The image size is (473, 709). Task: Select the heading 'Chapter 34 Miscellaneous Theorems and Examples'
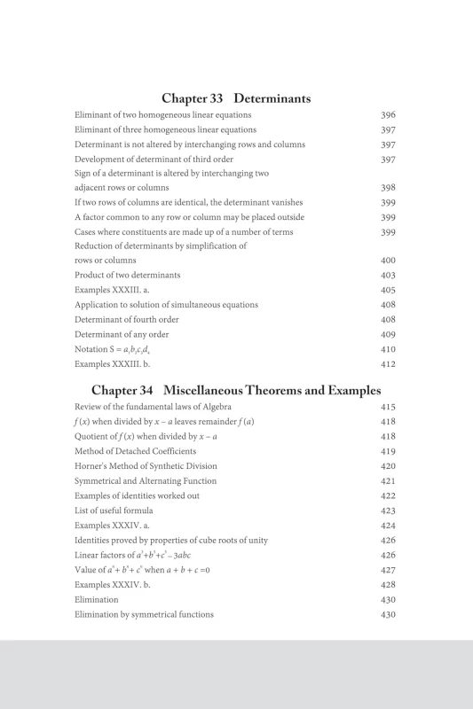236,390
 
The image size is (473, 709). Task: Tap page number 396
388,115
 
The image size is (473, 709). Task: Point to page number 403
388,276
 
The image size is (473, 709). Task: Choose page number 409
388,334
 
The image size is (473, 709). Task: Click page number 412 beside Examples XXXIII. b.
388,363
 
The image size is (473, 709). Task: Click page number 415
388,407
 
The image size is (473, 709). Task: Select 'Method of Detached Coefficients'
134,451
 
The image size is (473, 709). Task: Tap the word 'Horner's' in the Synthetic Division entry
91,466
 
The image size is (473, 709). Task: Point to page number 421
388,480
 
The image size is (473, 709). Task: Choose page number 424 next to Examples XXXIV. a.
388,525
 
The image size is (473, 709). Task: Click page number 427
388,570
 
